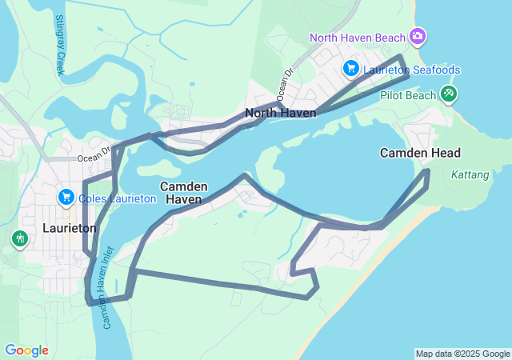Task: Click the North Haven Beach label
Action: point(358,38)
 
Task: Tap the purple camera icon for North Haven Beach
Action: point(417,37)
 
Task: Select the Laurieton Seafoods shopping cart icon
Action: point(350,69)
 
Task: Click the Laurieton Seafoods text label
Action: point(411,70)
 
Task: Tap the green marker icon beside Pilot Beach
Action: point(449,94)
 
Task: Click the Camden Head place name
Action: point(420,153)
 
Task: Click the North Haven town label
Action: point(280,113)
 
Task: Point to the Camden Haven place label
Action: point(184,192)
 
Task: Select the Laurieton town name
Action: point(69,228)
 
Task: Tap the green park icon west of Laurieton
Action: point(19,238)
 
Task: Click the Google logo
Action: point(26,350)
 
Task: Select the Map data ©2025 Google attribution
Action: point(462,354)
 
